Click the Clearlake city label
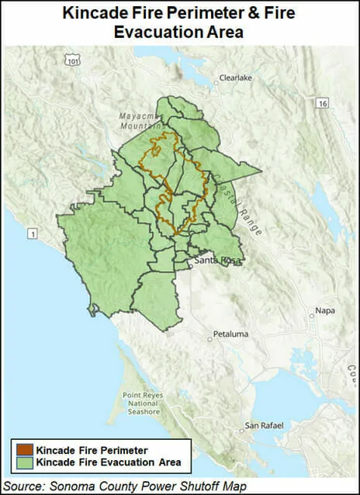pos(235,78)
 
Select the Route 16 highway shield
pos(321,102)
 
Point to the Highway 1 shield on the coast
pos(32,233)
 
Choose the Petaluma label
pos(231,334)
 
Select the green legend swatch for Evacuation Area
pos(21,462)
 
